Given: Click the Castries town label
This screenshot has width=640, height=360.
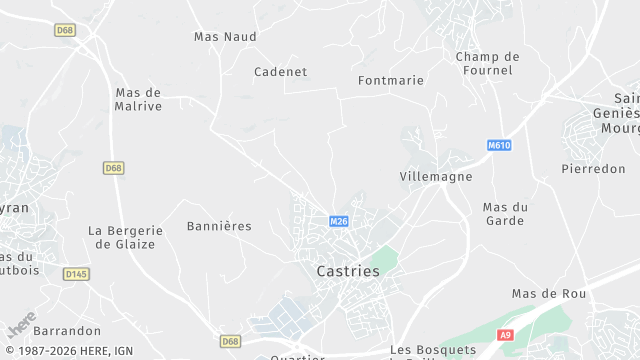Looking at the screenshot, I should pyautogui.click(x=347, y=271).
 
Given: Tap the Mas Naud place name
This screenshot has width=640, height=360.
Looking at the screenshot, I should pyautogui.click(x=225, y=37).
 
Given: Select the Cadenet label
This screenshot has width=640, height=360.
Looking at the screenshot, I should pyautogui.click(x=280, y=72).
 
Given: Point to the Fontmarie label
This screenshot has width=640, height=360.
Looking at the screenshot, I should pyautogui.click(x=391, y=80).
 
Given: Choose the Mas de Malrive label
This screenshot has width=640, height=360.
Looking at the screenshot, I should pyautogui.click(x=138, y=99).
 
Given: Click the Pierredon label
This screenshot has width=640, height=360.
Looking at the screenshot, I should pyautogui.click(x=593, y=169).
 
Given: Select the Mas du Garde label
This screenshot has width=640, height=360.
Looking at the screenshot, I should pyautogui.click(x=505, y=213).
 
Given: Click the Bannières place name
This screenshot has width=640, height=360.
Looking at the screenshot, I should pyautogui.click(x=219, y=226).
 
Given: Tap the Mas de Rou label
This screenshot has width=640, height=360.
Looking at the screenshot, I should pyautogui.click(x=549, y=293).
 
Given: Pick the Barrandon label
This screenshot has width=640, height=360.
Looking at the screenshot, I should pyautogui.click(x=67, y=330).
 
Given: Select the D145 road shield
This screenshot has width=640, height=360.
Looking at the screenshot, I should pyautogui.click(x=76, y=273).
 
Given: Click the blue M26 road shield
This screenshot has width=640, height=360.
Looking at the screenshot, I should pyautogui.click(x=339, y=221).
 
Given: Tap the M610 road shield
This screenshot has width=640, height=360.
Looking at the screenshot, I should pyautogui.click(x=500, y=145).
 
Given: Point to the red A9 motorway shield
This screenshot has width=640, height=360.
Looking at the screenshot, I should pyautogui.click(x=506, y=335).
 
